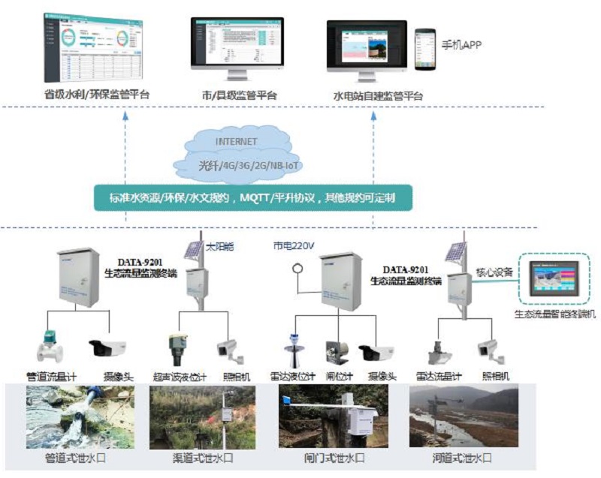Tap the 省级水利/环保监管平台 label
pos(96,95)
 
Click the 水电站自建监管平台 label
pos(378,96)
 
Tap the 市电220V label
pos(294,245)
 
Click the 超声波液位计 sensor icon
pos(177,347)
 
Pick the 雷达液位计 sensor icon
pos(294,349)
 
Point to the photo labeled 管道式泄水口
pos(80,416)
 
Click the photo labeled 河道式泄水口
pos(464,416)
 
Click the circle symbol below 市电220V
pos(297,266)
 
